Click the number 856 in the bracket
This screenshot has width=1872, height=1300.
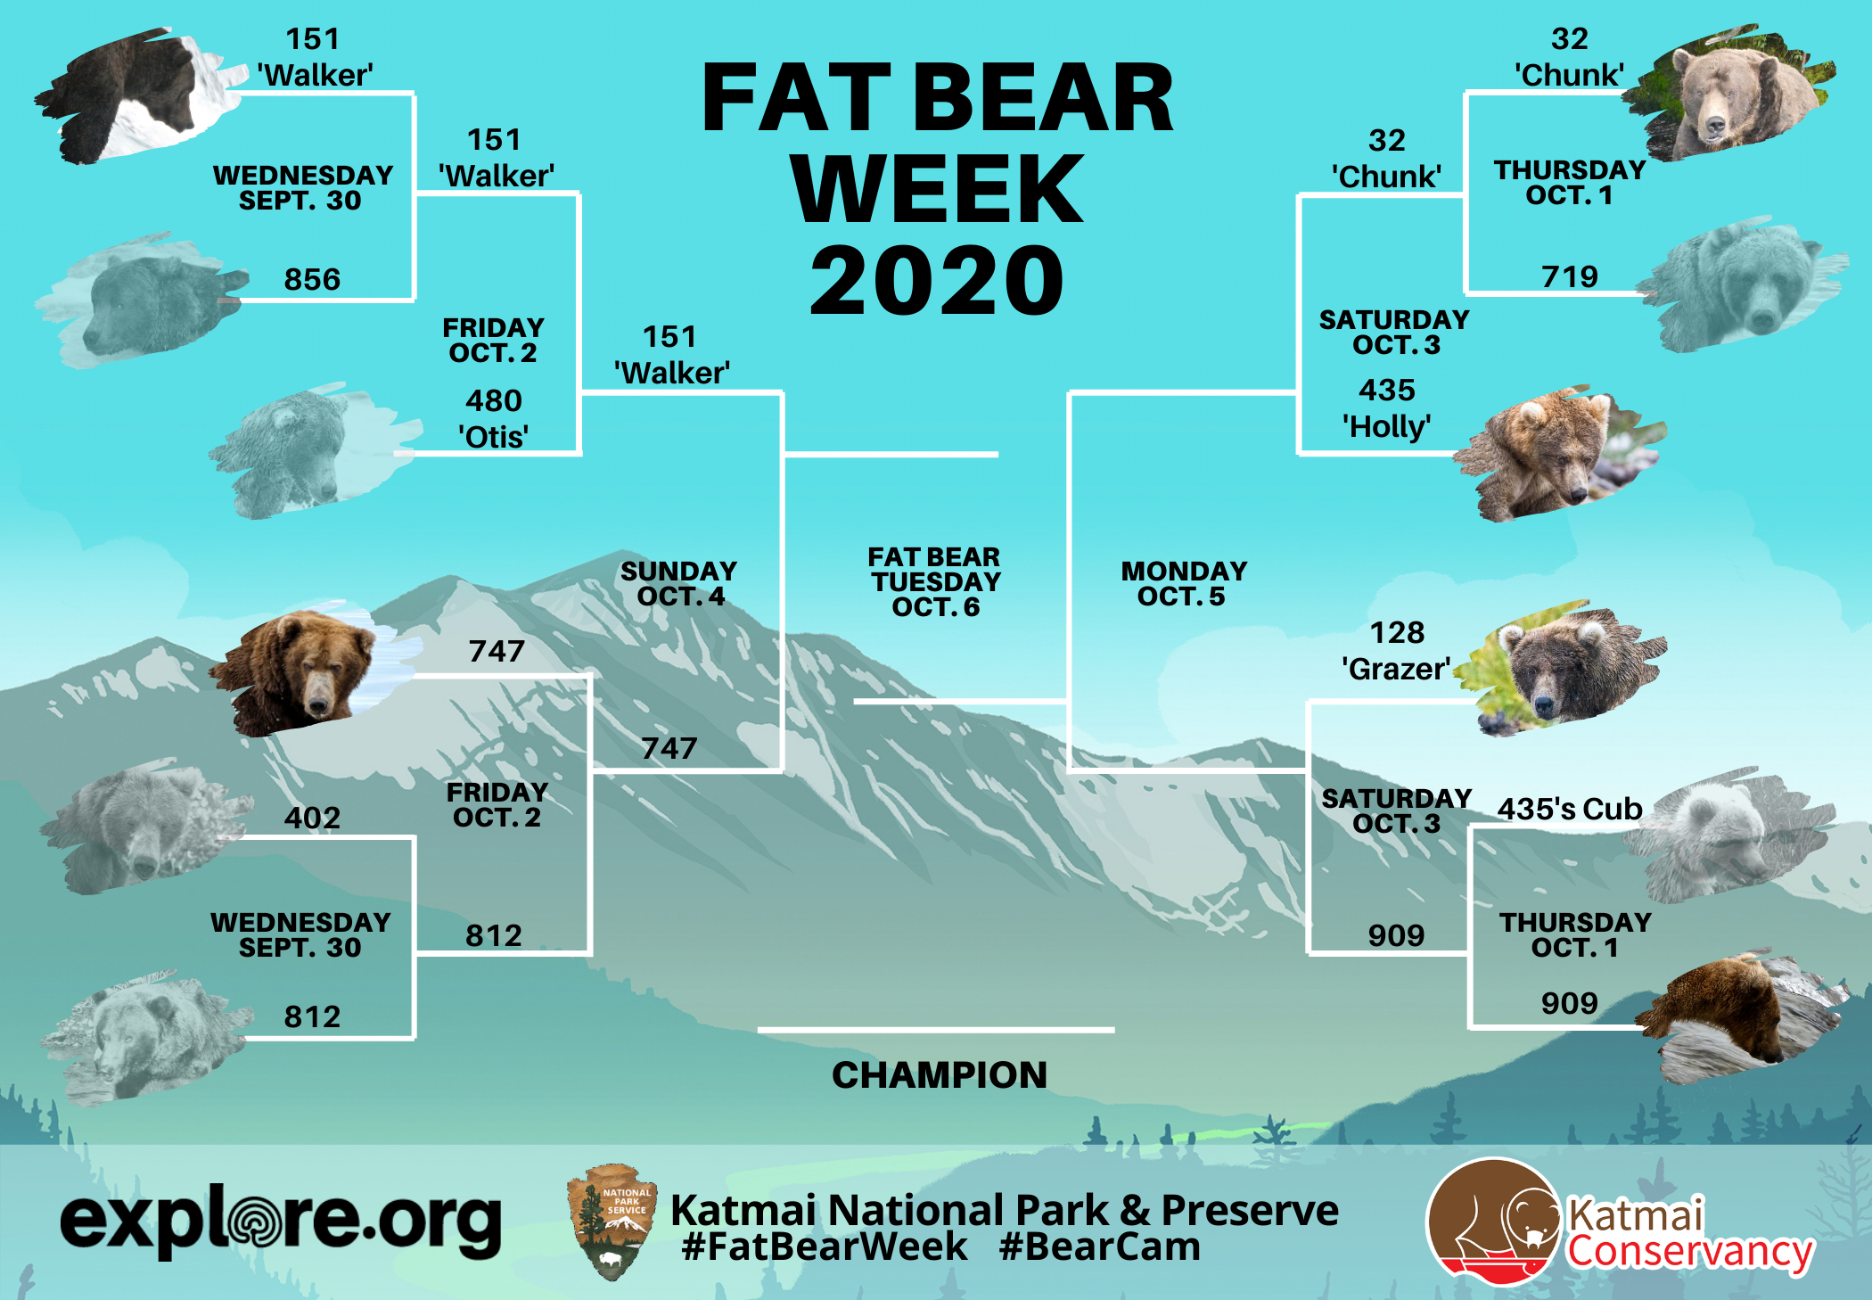click(x=312, y=279)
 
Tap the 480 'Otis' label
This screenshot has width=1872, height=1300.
click(x=494, y=419)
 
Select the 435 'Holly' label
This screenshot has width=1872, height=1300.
click(x=1387, y=408)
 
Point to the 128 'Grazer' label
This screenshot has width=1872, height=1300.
click(x=1397, y=651)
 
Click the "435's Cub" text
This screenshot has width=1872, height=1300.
click(x=1570, y=809)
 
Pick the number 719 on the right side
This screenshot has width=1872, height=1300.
click(x=1570, y=276)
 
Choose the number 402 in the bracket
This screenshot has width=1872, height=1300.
click(x=312, y=818)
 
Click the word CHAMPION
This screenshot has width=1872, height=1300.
click(x=940, y=1075)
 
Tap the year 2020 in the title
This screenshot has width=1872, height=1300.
click(x=937, y=281)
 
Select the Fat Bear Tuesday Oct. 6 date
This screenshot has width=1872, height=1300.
click(x=935, y=582)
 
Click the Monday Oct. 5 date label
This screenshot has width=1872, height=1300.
click(x=1184, y=583)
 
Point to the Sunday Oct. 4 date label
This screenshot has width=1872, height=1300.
click(x=679, y=583)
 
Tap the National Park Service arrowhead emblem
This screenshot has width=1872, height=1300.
click(x=612, y=1222)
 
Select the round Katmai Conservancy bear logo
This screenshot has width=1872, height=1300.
click(x=1495, y=1222)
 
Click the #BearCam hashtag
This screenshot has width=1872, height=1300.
click(x=1100, y=1247)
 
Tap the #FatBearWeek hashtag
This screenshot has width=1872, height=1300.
click(x=825, y=1247)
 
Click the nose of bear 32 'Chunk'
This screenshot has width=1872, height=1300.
click(x=1713, y=129)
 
